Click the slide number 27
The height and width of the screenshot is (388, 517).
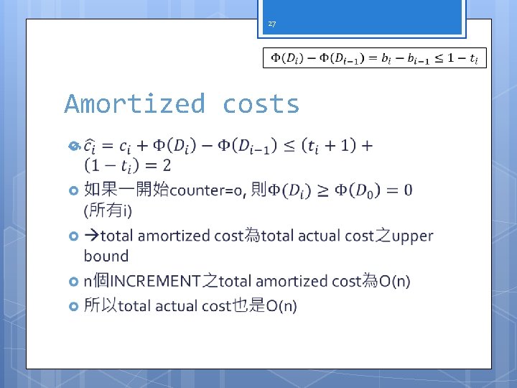click(271, 24)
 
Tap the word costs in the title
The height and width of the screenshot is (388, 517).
click(261, 104)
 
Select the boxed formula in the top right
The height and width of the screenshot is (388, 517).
click(374, 57)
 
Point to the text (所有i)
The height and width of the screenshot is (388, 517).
click(108, 211)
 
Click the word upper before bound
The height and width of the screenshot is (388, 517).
click(413, 236)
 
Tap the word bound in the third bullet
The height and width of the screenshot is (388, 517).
click(106, 256)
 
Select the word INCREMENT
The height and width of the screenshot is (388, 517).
click(157, 281)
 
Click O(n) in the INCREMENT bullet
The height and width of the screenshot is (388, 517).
click(394, 281)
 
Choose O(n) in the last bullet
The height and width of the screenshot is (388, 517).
click(281, 306)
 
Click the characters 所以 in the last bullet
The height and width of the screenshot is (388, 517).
click(100, 306)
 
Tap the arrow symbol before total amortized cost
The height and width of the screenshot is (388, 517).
click(91, 236)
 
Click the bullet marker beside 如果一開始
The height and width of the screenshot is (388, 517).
click(73, 191)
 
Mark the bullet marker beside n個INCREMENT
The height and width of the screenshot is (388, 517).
click(73, 282)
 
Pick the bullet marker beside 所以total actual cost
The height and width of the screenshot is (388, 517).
click(73, 307)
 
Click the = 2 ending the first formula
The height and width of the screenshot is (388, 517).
click(159, 166)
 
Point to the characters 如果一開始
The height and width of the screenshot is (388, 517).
click(126, 190)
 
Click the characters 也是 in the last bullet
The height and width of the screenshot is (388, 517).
click(249, 306)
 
